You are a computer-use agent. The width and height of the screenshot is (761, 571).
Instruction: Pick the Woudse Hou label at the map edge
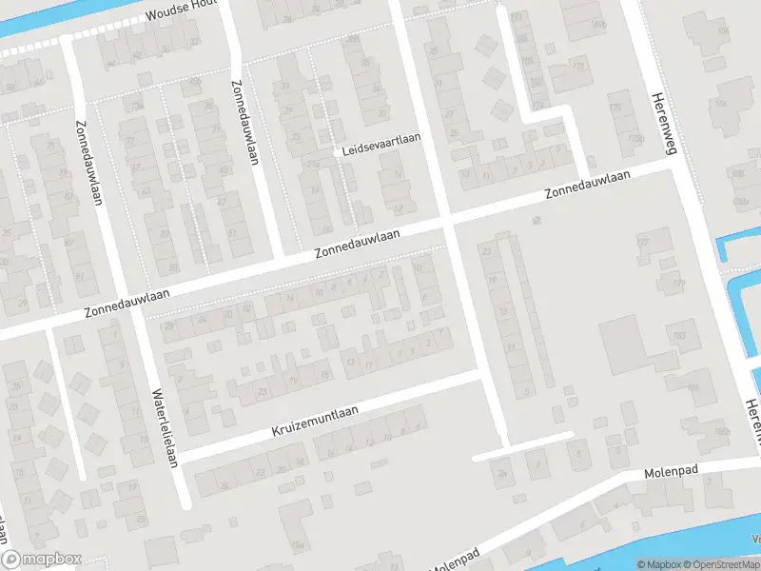(x=181, y=12)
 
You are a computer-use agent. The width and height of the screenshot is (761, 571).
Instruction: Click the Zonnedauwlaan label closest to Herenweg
(x=587, y=185)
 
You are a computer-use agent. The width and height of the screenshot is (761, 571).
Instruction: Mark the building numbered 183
(x=681, y=335)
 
